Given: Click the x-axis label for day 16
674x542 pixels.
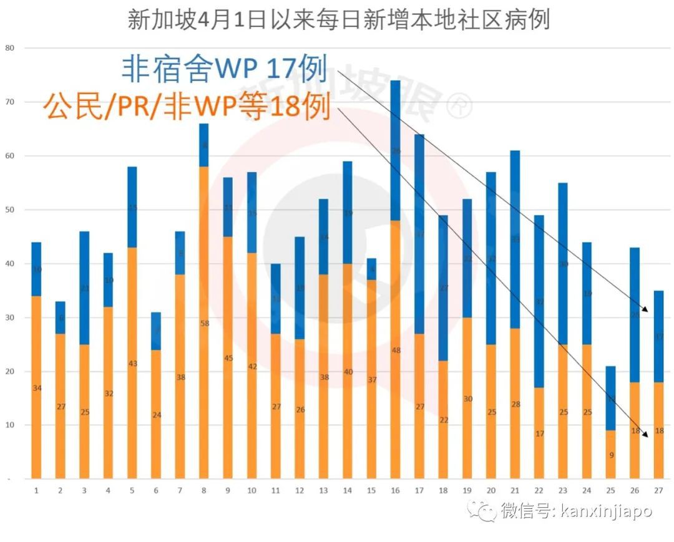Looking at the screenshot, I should (395, 490).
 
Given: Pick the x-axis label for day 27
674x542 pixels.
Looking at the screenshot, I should (658, 490).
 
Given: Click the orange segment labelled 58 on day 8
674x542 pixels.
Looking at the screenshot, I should (203, 323).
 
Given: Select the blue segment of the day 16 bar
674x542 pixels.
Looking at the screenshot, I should (395, 150).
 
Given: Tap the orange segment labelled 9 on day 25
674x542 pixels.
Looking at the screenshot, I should (611, 455).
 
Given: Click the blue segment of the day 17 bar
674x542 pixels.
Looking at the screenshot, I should (419, 234).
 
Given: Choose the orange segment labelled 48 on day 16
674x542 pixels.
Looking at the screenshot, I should (395, 350).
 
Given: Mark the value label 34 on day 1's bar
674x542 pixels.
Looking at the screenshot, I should (36, 388).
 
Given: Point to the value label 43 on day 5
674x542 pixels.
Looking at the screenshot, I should (132, 364).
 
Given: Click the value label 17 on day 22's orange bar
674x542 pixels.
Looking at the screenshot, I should (539, 433).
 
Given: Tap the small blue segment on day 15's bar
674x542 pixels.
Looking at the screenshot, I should (371, 269).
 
